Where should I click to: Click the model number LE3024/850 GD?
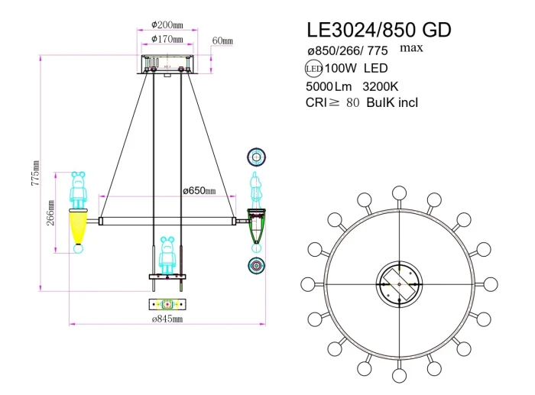tap(378, 30)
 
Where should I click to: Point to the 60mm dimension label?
tap(223, 40)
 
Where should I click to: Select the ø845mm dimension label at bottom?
tap(167, 318)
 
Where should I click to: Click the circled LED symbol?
tap(313, 70)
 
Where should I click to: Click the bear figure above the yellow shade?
tap(78, 189)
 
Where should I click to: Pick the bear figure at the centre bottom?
tap(167, 256)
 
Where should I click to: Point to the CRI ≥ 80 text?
tap(332, 103)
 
